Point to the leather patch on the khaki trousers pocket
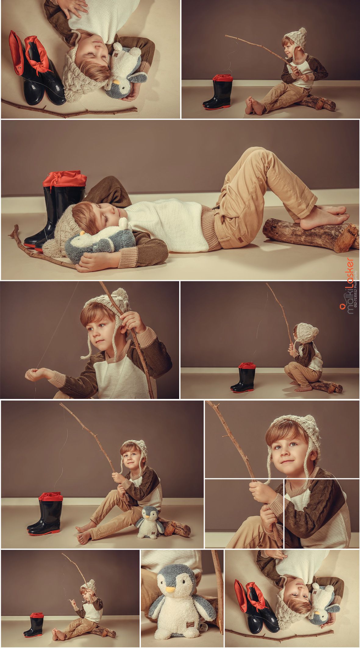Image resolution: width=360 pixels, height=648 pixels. (241, 240)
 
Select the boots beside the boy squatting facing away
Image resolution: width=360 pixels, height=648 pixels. (243, 377)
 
